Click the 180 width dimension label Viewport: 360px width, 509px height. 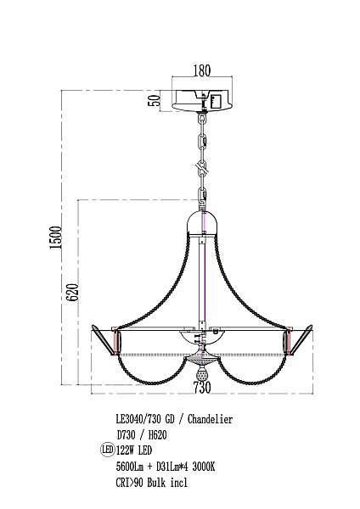click(202, 70)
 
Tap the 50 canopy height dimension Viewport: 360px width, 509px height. click(155, 100)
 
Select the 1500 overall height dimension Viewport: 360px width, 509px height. click(55, 238)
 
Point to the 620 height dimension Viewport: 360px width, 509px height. click(72, 292)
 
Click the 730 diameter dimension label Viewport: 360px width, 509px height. click(202, 388)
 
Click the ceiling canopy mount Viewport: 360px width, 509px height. click(202, 100)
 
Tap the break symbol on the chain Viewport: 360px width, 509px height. click(202, 167)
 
